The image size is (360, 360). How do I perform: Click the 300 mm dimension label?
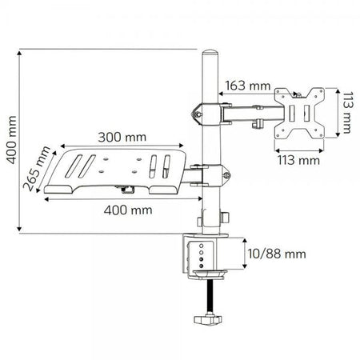tap(117, 137)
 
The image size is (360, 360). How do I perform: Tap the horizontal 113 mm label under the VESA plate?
tap(297, 160)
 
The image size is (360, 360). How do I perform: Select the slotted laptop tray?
tap(120, 170)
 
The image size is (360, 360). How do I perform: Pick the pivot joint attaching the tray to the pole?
tap(210, 171)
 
